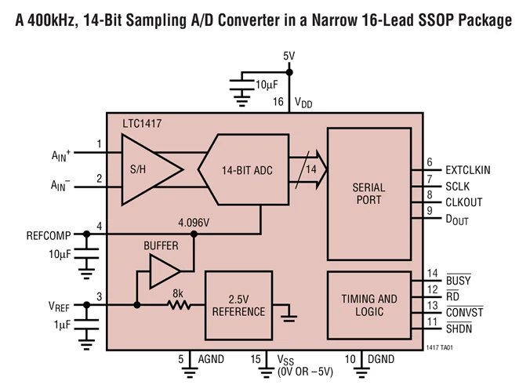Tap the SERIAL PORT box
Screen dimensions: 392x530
[368, 194]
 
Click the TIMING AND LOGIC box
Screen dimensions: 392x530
[368, 305]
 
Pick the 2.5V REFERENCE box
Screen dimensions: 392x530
[238, 305]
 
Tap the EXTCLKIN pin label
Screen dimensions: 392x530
[468, 169]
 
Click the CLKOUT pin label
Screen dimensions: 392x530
[463, 202]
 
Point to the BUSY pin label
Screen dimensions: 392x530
[458, 279]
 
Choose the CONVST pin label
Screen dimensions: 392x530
[464, 313]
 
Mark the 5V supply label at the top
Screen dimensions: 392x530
[289, 56]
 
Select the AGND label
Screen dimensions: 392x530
[211, 359]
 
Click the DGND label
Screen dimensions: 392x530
[381, 359]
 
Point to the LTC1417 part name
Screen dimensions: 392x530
[143, 124]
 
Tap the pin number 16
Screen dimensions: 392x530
[278, 103]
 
